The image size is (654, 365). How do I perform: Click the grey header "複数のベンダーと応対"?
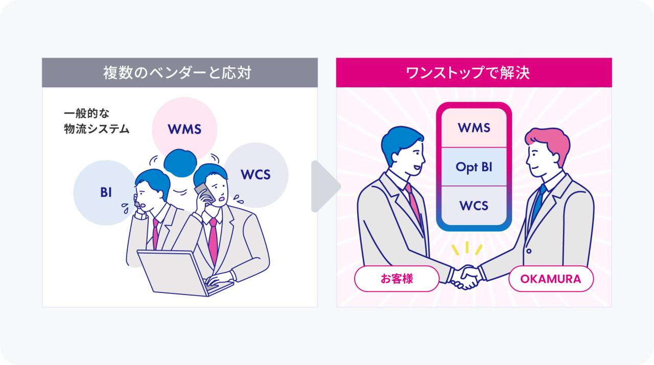179,72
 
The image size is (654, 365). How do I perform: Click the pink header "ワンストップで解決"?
474,72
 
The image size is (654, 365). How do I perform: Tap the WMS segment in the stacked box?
474,128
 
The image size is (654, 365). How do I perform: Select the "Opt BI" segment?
474,166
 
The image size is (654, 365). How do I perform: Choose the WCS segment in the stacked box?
474,206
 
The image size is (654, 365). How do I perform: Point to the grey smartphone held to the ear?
203,191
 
